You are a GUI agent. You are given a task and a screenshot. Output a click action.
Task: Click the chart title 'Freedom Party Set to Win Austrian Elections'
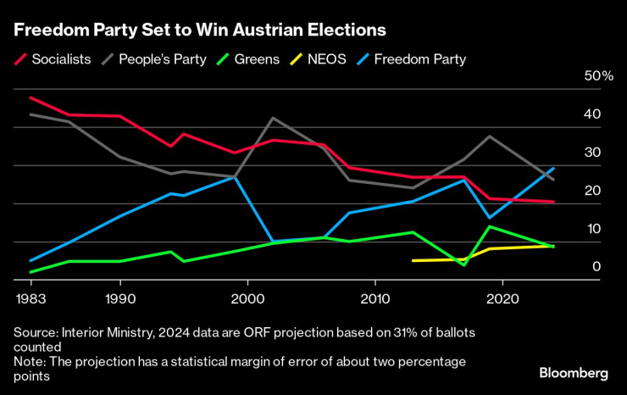pyautogui.click(x=199, y=31)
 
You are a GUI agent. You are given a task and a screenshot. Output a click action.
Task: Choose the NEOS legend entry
pyautogui.click(x=323, y=58)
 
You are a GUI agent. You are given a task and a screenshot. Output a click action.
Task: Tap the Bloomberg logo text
pyautogui.click(x=574, y=373)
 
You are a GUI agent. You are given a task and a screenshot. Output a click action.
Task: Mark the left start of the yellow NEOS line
pyautogui.click(x=413, y=260)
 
